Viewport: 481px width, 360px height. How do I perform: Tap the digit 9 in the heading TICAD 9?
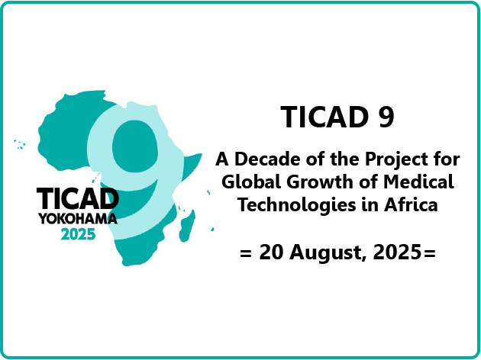tap(386, 117)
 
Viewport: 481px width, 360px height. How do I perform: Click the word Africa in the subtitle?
tap(411, 205)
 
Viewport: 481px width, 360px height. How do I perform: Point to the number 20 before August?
tap(271, 252)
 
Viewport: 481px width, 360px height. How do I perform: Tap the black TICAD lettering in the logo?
tap(78, 198)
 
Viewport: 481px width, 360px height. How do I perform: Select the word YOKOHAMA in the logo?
tap(78, 219)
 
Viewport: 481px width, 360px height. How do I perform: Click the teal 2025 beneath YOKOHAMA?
tap(78, 235)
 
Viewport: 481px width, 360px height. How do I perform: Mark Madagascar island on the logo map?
tap(187, 226)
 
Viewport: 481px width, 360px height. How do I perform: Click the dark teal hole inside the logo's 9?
tap(135, 146)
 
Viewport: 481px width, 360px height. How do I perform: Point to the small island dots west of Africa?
tap(20, 144)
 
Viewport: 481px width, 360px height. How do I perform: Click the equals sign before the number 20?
tap(246, 254)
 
